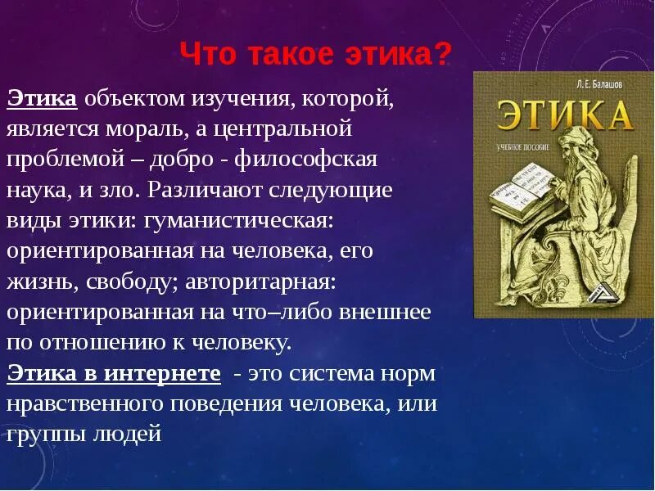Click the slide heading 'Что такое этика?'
[315, 56]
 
